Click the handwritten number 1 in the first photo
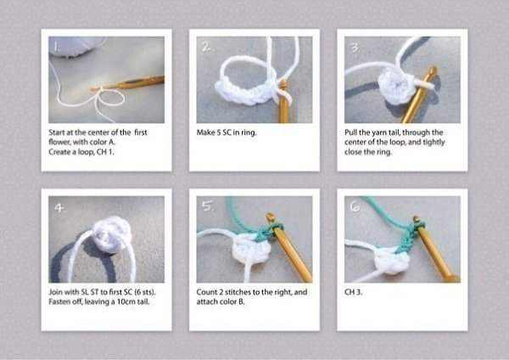point(57,48)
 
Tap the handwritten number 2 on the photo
point(207,47)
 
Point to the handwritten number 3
point(355,48)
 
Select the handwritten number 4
point(59,208)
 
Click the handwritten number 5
point(207,205)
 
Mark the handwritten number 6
point(355,206)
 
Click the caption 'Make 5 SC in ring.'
point(227,132)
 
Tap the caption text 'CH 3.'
point(353,292)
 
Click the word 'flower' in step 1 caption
point(59,143)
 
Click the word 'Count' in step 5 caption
point(207,292)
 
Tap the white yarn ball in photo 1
point(77,47)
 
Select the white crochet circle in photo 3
point(395,84)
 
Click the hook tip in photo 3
point(432,70)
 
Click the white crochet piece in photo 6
point(392,262)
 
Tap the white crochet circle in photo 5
point(248,250)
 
